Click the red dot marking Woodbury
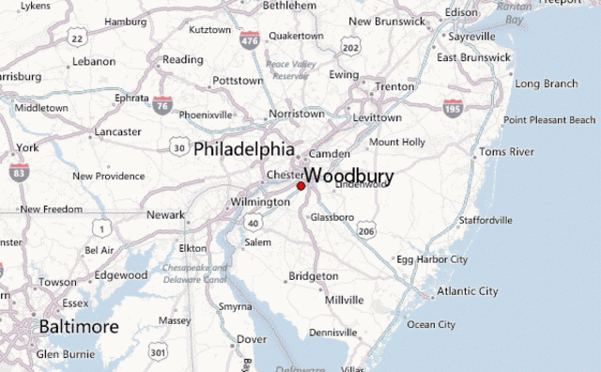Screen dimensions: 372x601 click(301, 186)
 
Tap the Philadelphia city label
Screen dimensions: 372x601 click(243, 148)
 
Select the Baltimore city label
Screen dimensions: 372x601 click(79, 326)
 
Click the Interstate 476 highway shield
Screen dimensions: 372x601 click(250, 40)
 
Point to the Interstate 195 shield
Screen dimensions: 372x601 click(453, 107)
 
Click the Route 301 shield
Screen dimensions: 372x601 click(158, 351)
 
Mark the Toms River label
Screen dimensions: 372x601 click(506, 151)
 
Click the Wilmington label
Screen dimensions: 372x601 click(260, 202)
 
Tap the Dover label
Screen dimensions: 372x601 click(251, 339)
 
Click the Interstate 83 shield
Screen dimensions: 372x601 click(18, 172)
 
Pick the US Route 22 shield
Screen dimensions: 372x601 click(78, 39)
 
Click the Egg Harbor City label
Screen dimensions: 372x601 click(431, 258)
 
